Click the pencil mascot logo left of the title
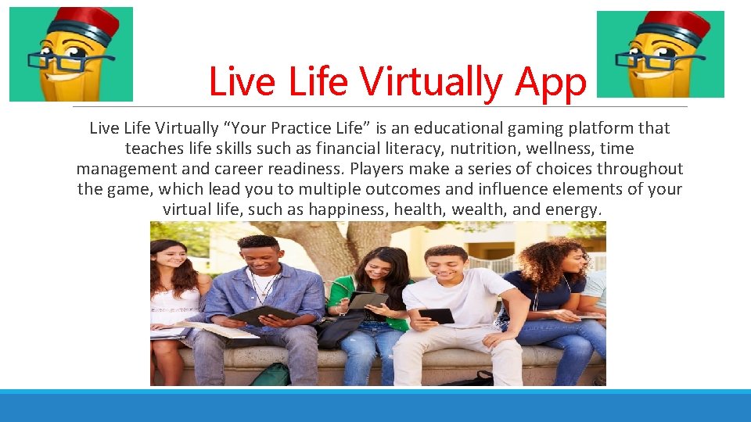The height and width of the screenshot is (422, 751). click(71, 54)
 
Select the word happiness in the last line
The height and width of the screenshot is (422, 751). click(347, 209)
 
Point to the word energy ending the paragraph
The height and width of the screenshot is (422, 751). click(577, 209)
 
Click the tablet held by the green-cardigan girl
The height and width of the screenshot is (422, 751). click(367, 300)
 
